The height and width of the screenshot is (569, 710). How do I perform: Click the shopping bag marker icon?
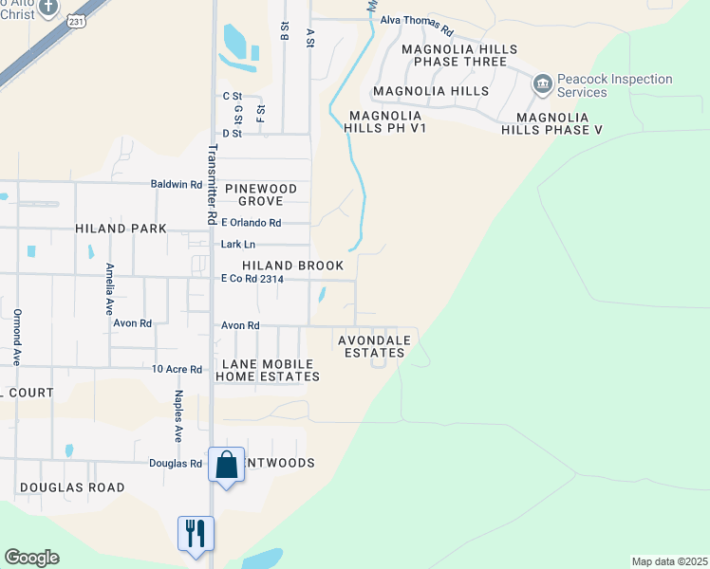[x=226, y=466]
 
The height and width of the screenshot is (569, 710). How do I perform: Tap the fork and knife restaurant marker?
[x=196, y=532]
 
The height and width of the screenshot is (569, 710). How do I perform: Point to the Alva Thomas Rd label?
[x=417, y=20]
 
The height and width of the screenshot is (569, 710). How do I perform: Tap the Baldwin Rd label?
[x=177, y=184]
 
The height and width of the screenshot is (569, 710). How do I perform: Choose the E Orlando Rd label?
[x=251, y=223]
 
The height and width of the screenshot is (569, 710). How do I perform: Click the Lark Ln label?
[x=238, y=245]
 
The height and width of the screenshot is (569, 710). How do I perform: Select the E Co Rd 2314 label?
[x=252, y=279]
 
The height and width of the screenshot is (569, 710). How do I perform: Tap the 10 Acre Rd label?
[x=177, y=369]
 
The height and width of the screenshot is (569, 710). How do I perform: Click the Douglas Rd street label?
[x=176, y=464]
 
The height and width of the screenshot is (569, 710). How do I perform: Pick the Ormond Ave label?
[x=17, y=338]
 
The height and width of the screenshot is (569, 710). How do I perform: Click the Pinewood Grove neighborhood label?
[x=268, y=195]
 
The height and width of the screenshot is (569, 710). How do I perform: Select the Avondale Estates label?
[x=375, y=346]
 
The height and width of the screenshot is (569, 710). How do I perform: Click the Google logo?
[x=31, y=558]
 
